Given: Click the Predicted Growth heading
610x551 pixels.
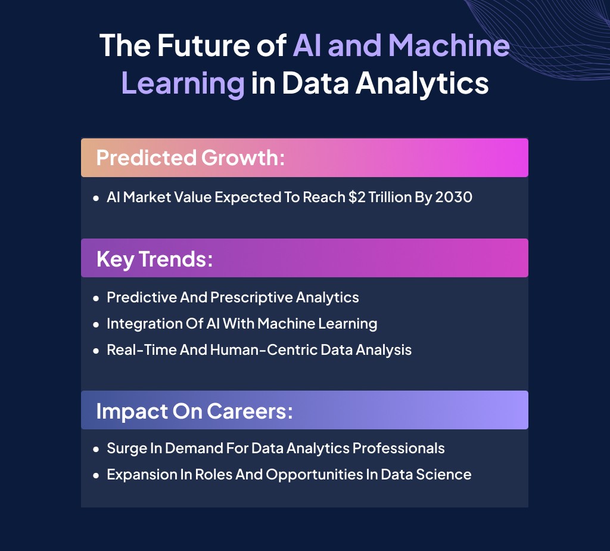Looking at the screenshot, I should click(x=191, y=158).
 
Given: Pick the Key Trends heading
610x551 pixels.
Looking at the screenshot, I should click(x=154, y=259).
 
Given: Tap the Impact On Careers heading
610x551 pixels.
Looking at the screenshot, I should click(x=194, y=411).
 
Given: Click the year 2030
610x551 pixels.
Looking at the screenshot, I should click(x=453, y=197).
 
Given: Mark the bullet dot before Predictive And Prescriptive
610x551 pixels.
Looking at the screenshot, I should click(x=96, y=298).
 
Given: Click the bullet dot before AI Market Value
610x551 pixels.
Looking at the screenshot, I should click(x=96, y=197).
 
